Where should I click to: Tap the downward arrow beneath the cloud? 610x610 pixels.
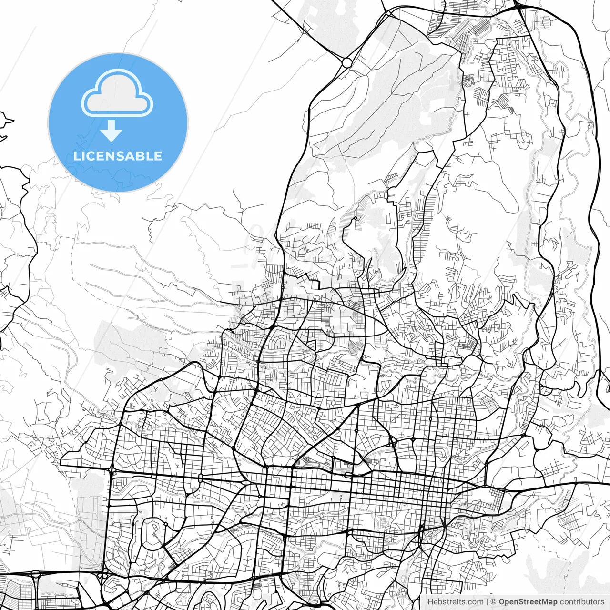(112, 131)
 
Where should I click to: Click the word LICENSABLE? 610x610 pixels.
(118, 156)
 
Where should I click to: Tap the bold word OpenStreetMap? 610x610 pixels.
(528, 602)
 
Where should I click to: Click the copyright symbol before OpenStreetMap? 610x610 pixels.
(494, 602)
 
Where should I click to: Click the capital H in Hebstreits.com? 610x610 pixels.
(430, 602)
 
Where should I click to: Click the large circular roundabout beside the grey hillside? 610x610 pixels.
(347, 62)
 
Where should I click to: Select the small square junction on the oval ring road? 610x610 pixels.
(165, 524)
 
